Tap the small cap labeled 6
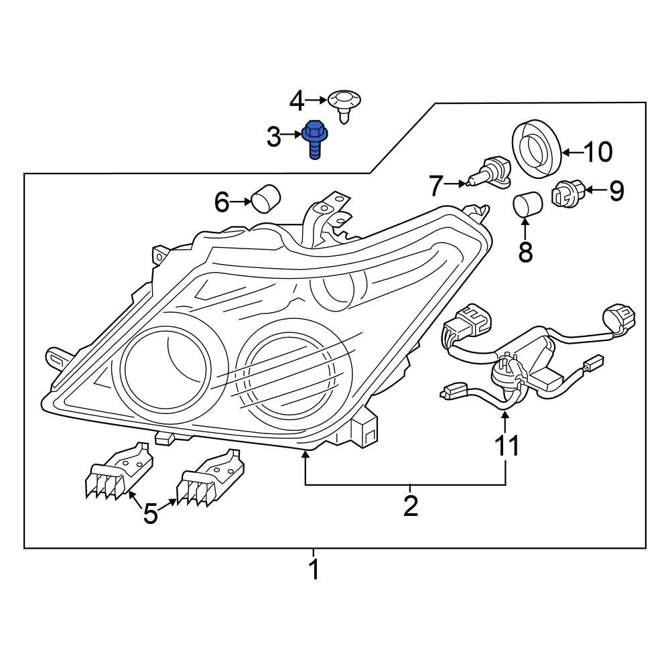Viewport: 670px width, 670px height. [x=265, y=198]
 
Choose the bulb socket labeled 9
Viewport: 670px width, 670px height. [x=567, y=194]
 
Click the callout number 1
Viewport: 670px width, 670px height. [x=313, y=571]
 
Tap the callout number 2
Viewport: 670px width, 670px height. [x=410, y=505]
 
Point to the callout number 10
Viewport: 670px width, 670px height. [x=597, y=153]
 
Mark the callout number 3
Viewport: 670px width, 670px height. [x=273, y=137]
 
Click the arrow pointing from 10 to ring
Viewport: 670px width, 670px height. [x=570, y=153]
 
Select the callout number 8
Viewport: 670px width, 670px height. [x=525, y=252]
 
